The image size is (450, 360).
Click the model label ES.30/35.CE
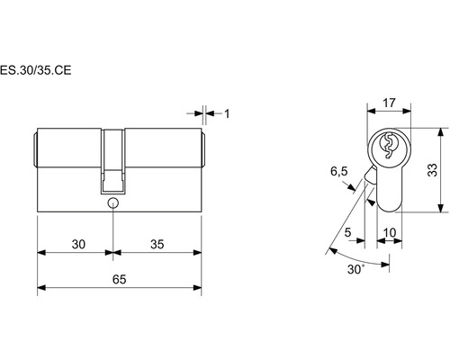coord(35,70)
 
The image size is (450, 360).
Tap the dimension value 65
coord(120,280)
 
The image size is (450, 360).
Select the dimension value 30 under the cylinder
coord(78,245)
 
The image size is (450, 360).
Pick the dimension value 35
coord(157,245)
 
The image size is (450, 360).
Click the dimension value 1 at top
coord(227,113)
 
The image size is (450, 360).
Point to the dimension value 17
coord(389,103)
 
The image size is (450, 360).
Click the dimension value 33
coord(432,170)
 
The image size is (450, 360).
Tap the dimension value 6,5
coord(339,172)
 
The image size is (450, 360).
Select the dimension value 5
coord(347,232)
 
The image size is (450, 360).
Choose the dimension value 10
coord(390,232)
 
